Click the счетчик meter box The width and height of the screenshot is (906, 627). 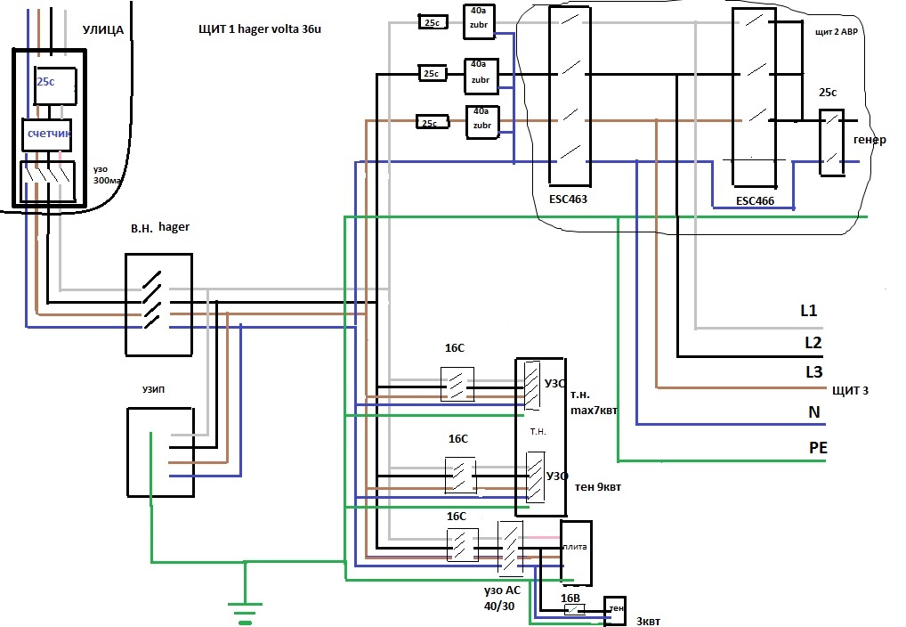pyautogui.click(x=47, y=134)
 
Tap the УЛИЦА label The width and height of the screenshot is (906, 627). pyautogui.click(x=103, y=29)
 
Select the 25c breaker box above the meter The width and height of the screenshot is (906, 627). pyautogui.click(x=55, y=85)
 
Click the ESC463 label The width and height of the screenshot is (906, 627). pyautogui.click(x=568, y=199)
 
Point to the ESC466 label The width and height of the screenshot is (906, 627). pyautogui.click(x=756, y=200)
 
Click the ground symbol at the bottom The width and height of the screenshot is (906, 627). pyautogui.click(x=245, y=613)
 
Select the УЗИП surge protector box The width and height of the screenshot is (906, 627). pyautogui.click(x=160, y=452)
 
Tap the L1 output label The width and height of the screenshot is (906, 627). pyautogui.click(x=809, y=311)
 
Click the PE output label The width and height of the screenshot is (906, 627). pyautogui.click(x=818, y=447)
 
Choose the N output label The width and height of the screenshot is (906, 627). pyautogui.click(x=814, y=411)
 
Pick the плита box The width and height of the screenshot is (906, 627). pyautogui.click(x=576, y=552)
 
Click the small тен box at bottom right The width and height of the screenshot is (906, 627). pyautogui.click(x=615, y=610)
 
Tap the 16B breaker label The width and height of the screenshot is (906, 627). pyautogui.click(x=570, y=598)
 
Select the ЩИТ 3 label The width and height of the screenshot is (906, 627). pyautogui.click(x=850, y=390)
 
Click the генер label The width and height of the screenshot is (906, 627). pyautogui.click(x=870, y=140)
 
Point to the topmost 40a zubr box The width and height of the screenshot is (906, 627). pyautogui.click(x=479, y=21)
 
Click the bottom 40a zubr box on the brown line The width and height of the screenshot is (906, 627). pyautogui.click(x=482, y=122)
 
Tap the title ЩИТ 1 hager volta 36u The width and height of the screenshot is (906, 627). pyautogui.click(x=260, y=28)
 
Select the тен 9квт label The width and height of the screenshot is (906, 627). pyautogui.click(x=597, y=487)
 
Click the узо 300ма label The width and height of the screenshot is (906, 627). pyautogui.click(x=108, y=175)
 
